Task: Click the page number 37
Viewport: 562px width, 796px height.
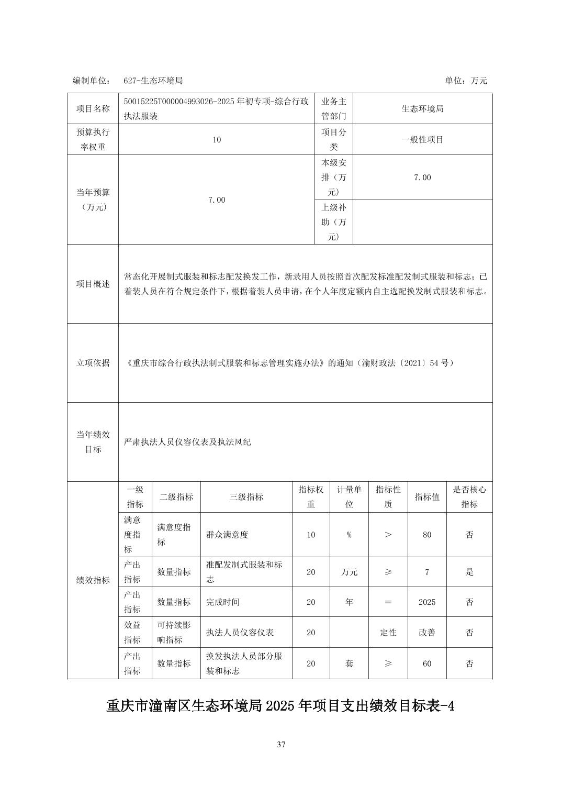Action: click(281, 744)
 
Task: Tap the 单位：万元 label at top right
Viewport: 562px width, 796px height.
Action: click(466, 81)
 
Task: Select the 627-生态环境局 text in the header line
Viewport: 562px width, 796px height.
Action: click(153, 81)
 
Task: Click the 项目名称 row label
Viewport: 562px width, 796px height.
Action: click(93, 109)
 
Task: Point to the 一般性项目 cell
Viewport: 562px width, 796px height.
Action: click(422, 140)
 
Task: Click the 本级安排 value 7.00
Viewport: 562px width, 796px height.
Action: click(422, 178)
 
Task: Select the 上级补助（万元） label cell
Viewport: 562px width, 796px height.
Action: click(333, 222)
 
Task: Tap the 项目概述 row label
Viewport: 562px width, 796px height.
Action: click(93, 284)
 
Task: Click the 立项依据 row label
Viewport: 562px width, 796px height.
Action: click(93, 363)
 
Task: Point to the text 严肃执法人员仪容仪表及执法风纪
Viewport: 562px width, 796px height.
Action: click(188, 442)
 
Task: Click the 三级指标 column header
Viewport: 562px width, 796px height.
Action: click(246, 497)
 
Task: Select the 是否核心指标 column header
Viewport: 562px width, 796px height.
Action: click(469, 497)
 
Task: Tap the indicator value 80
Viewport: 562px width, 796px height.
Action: click(427, 535)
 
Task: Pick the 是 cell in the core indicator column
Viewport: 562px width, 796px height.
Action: click(469, 572)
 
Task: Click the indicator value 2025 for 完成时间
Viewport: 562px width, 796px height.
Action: click(427, 602)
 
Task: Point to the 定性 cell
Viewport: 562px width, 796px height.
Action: click(388, 633)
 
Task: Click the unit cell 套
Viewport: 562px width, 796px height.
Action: click(349, 664)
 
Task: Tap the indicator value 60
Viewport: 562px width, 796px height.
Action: click(427, 664)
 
